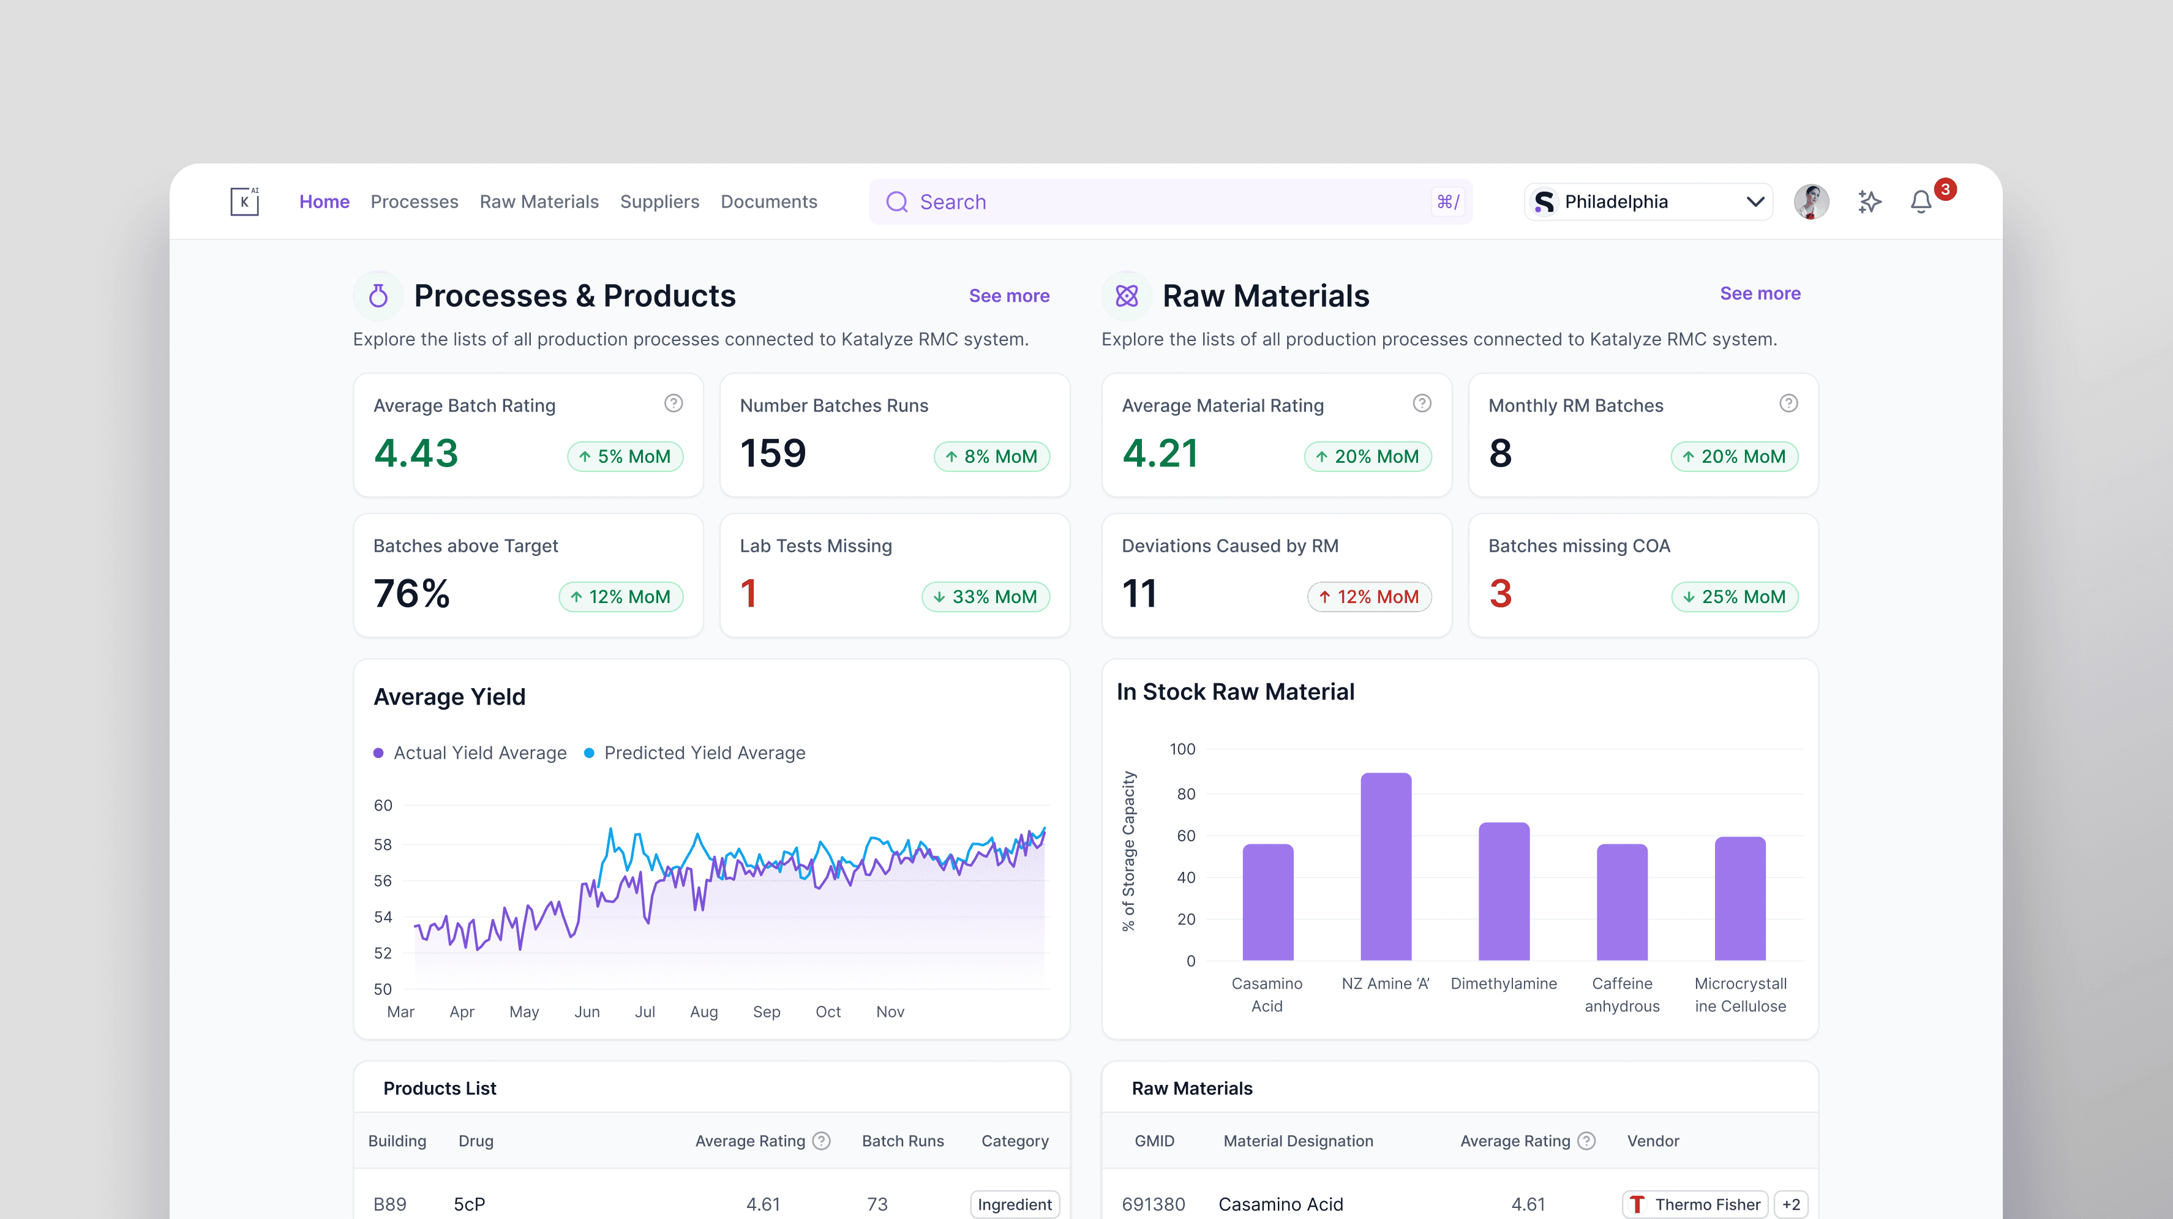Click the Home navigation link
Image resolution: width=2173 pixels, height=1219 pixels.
coord(324,201)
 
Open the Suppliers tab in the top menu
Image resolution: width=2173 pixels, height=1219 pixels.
coord(659,201)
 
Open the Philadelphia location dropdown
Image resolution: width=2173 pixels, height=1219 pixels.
coord(1648,201)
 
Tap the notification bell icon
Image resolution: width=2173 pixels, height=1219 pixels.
coord(1921,203)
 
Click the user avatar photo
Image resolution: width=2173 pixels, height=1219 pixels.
coord(1811,201)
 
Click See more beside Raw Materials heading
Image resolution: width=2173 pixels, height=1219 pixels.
coord(1760,293)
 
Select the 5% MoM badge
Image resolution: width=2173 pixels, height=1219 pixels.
coord(625,456)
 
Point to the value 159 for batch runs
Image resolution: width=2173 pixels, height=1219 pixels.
coord(773,453)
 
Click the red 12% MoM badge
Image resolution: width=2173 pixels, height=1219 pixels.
coord(1369,596)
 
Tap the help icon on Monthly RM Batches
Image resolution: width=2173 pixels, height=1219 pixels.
coord(1788,403)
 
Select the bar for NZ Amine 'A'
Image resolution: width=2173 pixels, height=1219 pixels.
coord(1386,866)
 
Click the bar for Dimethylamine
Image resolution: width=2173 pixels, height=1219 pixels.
coord(1504,891)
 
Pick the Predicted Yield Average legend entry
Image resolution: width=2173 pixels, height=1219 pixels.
coord(695,752)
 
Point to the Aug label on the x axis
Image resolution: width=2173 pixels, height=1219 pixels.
coord(704,1011)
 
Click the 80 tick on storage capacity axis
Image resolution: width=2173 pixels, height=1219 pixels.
coord(1186,794)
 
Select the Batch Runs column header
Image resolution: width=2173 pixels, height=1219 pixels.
coord(903,1141)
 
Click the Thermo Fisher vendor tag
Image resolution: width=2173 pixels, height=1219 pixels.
coord(1695,1204)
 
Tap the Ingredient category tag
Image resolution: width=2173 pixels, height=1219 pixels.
coord(1015,1204)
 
